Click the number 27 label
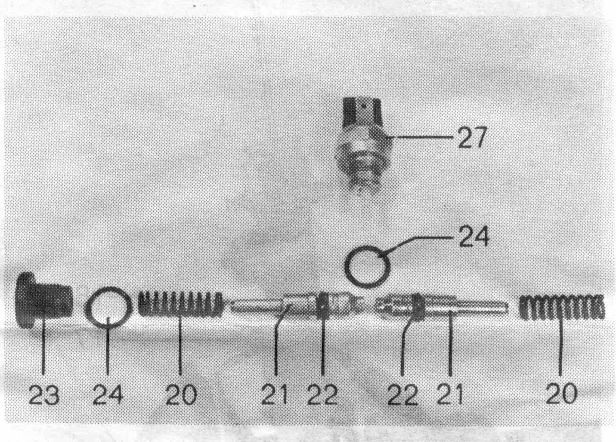click(472, 137)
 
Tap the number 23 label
click(44, 394)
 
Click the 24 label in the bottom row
click(108, 394)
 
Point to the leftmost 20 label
click(181, 394)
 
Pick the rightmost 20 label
click(561, 394)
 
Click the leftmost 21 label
click(274, 394)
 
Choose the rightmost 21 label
click(450, 394)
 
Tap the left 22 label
click(322, 394)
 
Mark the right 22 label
click(402, 394)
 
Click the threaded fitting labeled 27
click(363, 146)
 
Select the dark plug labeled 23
click(43, 300)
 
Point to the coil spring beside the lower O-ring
click(180, 305)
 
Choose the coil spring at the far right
click(561, 307)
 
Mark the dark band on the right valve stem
click(419, 307)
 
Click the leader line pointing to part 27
click(421, 136)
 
